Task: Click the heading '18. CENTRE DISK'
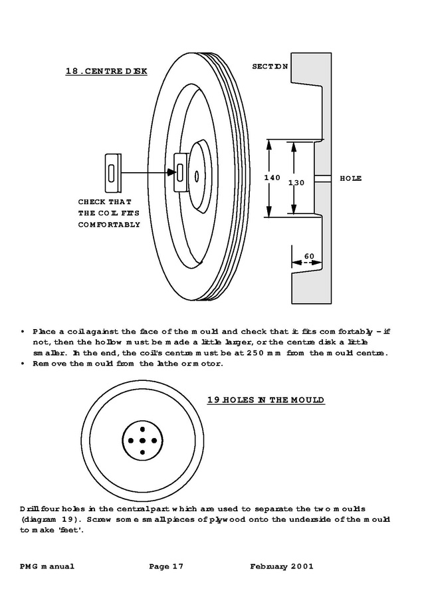click(x=106, y=70)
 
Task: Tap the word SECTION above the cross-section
click(x=270, y=66)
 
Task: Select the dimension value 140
click(x=272, y=178)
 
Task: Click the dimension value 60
click(x=309, y=256)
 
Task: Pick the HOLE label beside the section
click(x=350, y=178)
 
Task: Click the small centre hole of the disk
click(x=197, y=176)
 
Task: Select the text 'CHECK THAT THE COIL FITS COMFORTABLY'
click(x=109, y=213)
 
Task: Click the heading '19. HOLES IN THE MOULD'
click(x=265, y=400)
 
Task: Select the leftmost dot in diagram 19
click(x=131, y=440)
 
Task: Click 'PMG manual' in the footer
click(x=47, y=566)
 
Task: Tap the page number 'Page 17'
click(x=166, y=566)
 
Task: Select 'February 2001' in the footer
click(x=282, y=566)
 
